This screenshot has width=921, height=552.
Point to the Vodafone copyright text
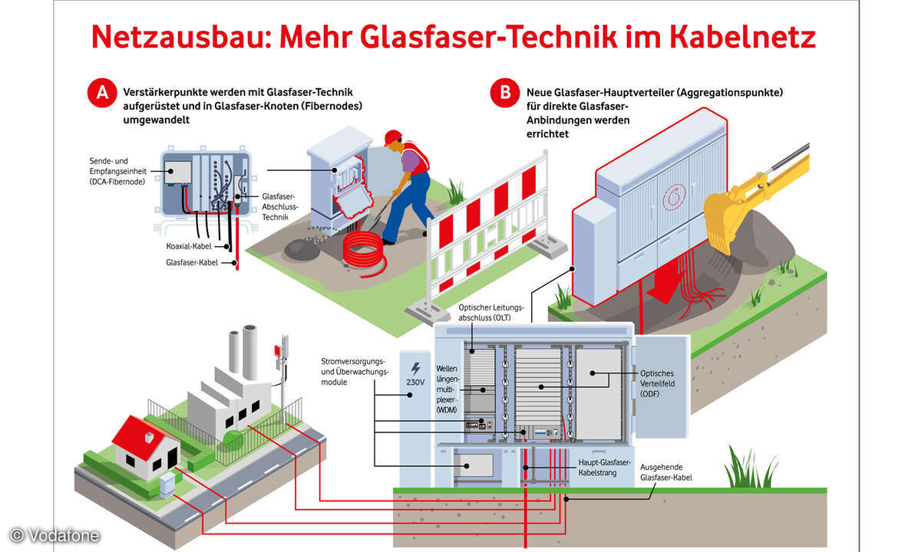coord(54,535)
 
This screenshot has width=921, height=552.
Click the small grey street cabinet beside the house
coord(167,485)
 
